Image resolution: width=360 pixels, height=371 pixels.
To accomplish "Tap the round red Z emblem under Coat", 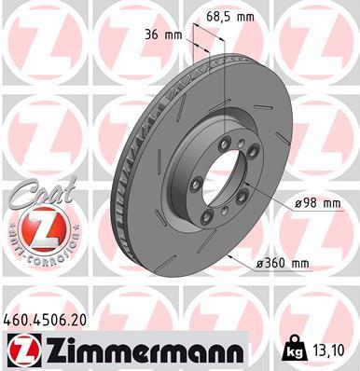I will click(33, 227).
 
